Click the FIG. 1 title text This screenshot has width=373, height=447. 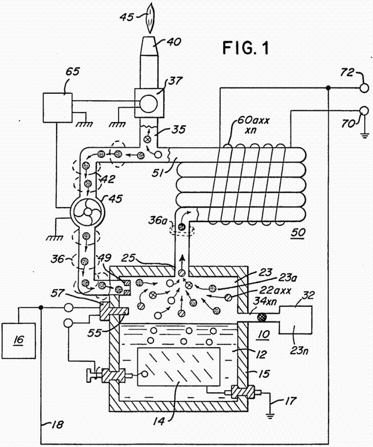[x=246, y=48]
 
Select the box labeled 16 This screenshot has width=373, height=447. [x=19, y=341]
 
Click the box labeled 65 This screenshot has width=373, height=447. [x=57, y=108]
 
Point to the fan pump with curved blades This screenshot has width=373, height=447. [x=88, y=212]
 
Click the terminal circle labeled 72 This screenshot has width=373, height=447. [x=364, y=88]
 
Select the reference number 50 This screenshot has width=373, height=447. [x=298, y=232]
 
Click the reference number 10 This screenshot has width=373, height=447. [x=263, y=334]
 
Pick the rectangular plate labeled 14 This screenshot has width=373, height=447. [x=179, y=367]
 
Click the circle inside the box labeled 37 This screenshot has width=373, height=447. [x=148, y=103]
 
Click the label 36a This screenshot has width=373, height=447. [x=157, y=221]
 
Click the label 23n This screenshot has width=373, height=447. [x=299, y=350]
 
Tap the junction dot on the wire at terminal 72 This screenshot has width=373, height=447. [x=328, y=88]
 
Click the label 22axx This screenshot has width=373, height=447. [x=275, y=291]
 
